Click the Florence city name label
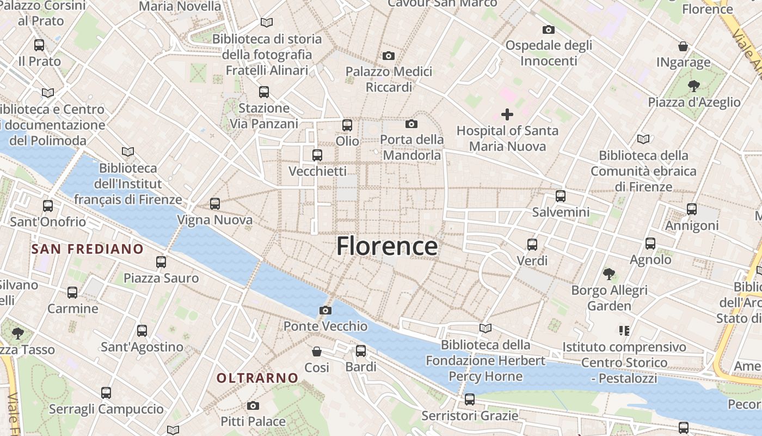(x=387, y=246)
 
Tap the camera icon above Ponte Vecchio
(x=325, y=310)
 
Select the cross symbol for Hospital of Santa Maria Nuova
(x=507, y=114)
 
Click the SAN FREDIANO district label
(x=88, y=249)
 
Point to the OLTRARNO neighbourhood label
(x=257, y=378)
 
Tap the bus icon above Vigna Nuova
(x=215, y=204)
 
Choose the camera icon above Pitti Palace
(x=253, y=405)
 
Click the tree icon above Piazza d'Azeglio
(x=693, y=86)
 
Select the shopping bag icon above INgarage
(x=683, y=46)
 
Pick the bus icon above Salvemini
(x=561, y=196)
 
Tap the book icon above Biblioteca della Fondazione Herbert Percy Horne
(x=485, y=328)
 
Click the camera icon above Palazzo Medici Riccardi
(x=389, y=56)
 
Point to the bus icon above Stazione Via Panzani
(x=264, y=92)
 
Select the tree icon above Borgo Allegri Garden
(x=609, y=274)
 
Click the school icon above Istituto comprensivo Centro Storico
(x=624, y=330)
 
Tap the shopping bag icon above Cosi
(x=317, y=351)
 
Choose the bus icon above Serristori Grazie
(x=470, y=399)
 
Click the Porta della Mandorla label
(x=411, y=147)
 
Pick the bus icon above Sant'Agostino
(x=142, y=330)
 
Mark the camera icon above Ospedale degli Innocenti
(x=549, y=29)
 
